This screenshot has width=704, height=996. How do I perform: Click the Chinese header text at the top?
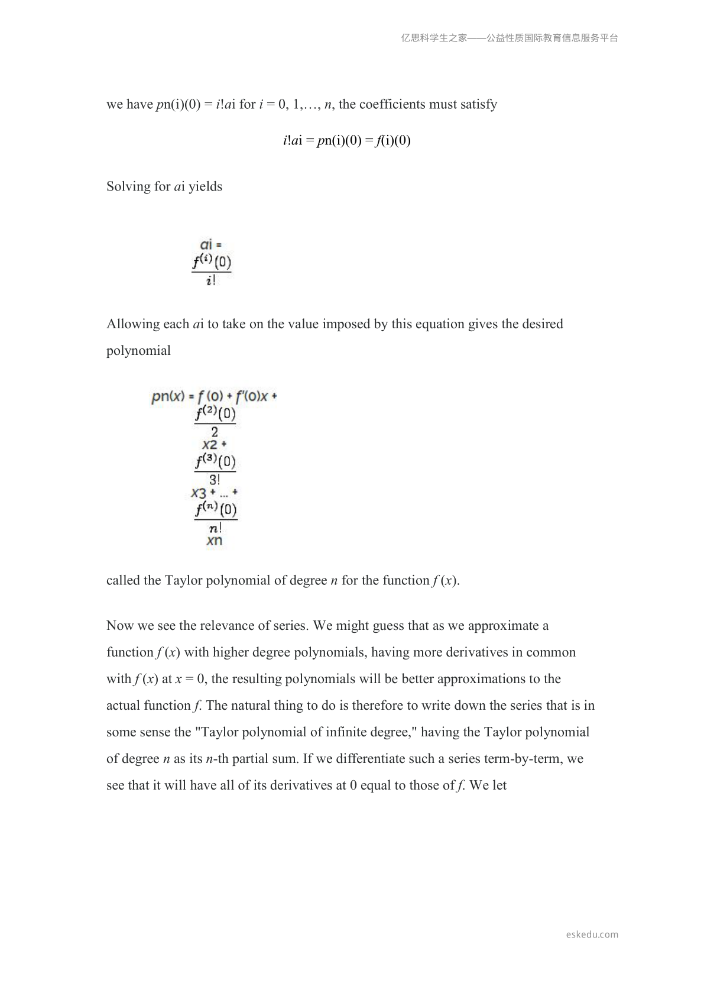(510, 38)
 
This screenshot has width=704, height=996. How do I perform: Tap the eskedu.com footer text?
(592, 934)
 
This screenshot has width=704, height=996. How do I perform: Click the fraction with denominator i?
(212, 271)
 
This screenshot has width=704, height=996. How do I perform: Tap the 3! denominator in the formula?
(215, 480)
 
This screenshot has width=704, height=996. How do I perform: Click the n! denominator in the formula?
(215, 528)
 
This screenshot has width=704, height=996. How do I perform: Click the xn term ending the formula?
(215, 541)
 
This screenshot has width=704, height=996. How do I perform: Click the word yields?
(205, 187)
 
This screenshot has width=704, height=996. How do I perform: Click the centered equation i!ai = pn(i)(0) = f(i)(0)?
(346, 141)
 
